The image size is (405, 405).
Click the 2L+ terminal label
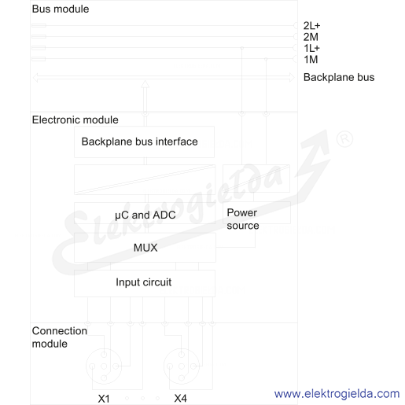click(x=311, y=26)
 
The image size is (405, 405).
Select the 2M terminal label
click(x=311, y=37)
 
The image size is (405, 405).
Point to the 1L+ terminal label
click(x=311, y=48)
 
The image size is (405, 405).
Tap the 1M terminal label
click(x=311, y=60)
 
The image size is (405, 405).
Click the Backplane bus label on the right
click(x=339, y=77)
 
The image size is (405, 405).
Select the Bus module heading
click(x=61, y=9)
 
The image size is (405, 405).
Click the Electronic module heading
click(x=75, y=120)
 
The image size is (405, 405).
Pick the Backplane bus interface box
click(x=144, y=142)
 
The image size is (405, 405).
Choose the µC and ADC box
click(x=145, y=213)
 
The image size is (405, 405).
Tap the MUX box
click(x=145, y=248)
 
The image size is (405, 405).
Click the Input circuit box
click(x=145, y=283)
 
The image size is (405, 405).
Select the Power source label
click(x=243, y=219)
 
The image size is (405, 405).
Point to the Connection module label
click(x=59, y=337)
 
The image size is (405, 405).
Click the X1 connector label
click(x=104, y=399)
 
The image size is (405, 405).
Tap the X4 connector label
click(x=180, y=399)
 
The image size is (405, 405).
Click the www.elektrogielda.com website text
click(x=337, y=393)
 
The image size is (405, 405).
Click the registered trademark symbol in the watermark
click(x=344, y=139)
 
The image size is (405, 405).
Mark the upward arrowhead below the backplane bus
click(x=145, y=84)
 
